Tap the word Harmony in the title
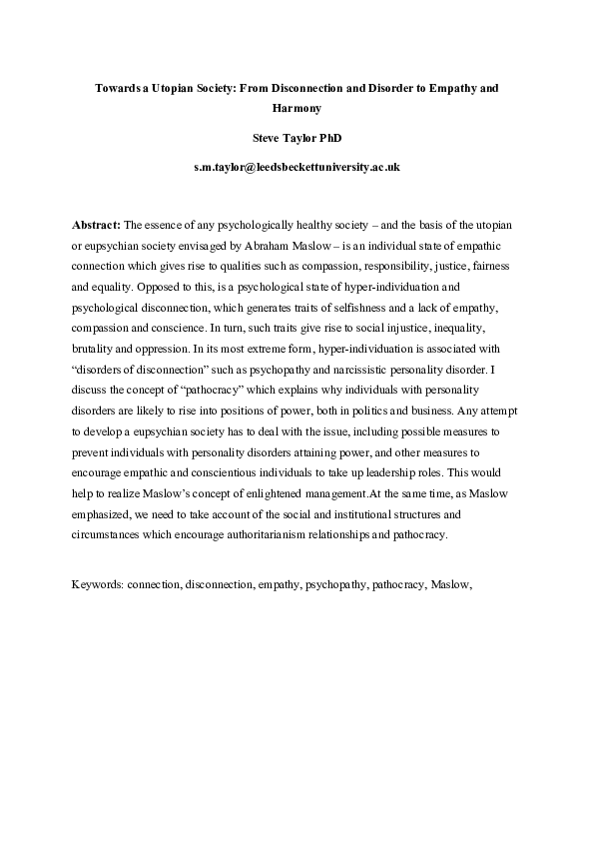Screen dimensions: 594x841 pos(297,110)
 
